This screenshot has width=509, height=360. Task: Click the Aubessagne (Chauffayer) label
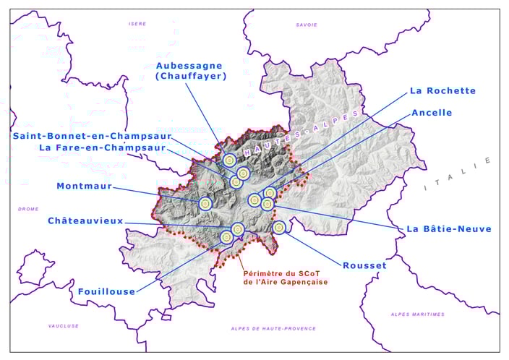(x=191, y=70)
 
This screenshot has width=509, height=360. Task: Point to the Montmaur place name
(x=84, y=186)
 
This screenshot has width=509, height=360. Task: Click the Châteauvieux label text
(x=85, y=220)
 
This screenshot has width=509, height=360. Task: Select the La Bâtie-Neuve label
(x=448, y=229)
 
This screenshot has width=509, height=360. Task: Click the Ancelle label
(x=432, y=113)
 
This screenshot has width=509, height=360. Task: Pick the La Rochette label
(x=442, y=91)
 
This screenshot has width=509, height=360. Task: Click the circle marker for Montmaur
(x=205, y=205)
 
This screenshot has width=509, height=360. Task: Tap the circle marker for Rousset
(x=279, y=228)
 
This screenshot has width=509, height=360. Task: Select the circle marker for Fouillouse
(x=226, y=236)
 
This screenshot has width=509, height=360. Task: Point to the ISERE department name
(x=137, y=24)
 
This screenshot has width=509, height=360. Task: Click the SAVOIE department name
(x=306, y=25)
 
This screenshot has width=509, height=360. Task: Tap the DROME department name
(x=29, y=209)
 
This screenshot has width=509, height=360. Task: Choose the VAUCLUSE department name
(x=64, y=326)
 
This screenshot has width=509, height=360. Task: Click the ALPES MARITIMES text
(x=417, y=314)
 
